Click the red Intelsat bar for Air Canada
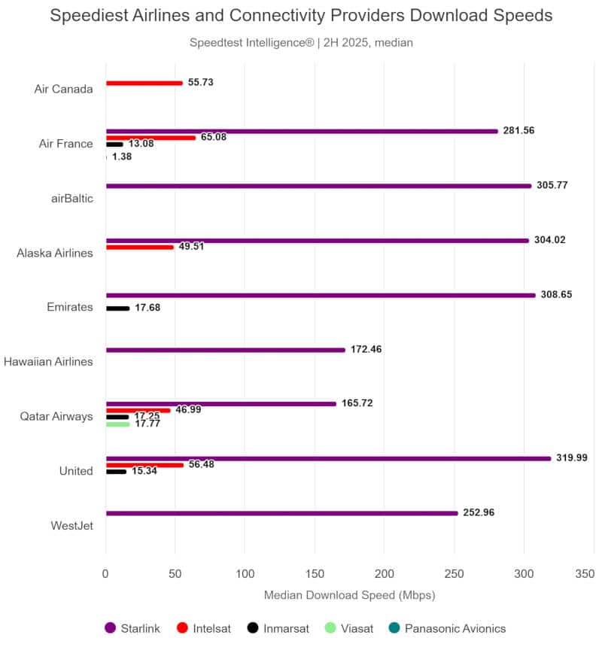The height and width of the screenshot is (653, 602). pos(144,84)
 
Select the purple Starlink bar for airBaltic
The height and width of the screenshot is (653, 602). pos(319,186)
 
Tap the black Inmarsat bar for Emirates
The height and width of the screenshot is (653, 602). pos(118,308)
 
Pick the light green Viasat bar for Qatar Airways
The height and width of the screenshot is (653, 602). pos(118,424)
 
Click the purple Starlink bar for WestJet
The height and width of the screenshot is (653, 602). pos(282,514)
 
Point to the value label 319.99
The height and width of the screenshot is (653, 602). pos(572,457)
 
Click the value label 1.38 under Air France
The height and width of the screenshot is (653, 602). pos(122,156)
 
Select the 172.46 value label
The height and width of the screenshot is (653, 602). pos(366,349)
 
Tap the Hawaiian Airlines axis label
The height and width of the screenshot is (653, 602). pos(48,361)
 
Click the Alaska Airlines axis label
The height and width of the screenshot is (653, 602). pos(55,254)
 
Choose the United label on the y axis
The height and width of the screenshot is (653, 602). pos(76,471)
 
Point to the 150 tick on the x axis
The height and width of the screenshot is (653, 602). pos(315,574)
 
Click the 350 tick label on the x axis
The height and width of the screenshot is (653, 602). pos(585,574)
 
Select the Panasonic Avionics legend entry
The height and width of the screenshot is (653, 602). pos(447,628)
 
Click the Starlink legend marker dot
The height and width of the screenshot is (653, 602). pos(110,628)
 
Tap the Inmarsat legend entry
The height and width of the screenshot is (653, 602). pos(278,628)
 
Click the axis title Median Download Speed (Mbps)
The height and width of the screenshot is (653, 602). pos(349,595)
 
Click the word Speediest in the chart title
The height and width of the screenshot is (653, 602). pos(89,16)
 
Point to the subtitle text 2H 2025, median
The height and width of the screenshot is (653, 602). pos(368,43)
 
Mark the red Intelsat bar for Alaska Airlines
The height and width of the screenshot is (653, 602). pos(139,248)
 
